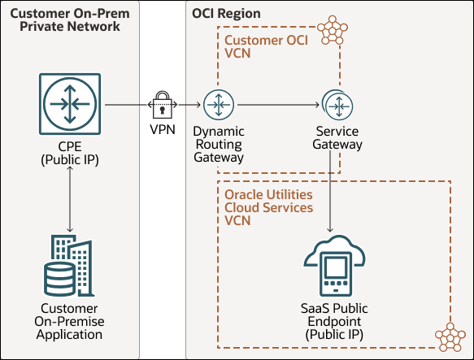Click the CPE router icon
click(69, 105)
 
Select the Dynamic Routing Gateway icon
click(218, 105)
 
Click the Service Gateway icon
click(336, 105)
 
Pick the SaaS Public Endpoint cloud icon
click(335, 264)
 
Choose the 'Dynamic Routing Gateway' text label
click(218, 144)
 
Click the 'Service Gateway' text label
click(337, 137)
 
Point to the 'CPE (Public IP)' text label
click(69, 153)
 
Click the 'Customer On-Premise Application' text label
click(69, 321)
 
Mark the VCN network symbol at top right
click(332, 30)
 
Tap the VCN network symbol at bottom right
click(449, 335)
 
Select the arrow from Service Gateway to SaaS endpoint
click(331, 195)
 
